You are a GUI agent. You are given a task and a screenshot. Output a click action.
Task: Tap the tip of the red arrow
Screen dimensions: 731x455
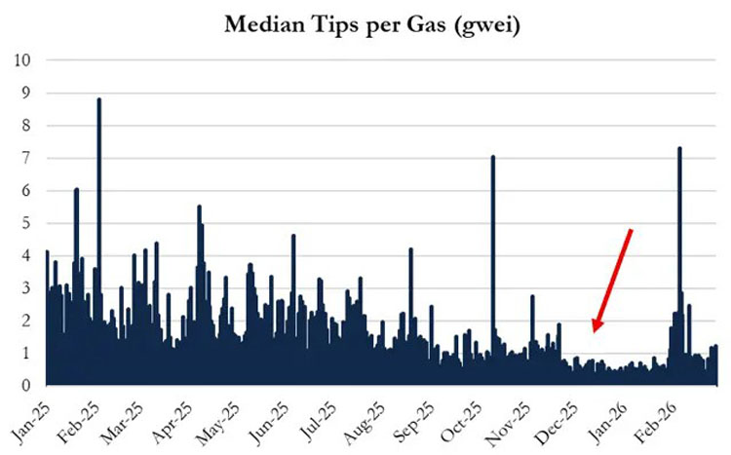594,332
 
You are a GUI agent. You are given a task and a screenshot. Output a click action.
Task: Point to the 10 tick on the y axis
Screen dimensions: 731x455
21,60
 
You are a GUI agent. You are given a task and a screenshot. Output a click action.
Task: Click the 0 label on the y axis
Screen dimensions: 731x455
26,386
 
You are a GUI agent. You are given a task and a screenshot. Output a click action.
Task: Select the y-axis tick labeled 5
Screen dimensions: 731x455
26,223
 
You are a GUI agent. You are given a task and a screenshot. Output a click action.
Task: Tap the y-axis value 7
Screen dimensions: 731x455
26,158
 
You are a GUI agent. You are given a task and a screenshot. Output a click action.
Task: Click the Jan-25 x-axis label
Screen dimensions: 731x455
30,422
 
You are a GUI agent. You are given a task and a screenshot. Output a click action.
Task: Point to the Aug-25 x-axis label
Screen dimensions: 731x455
365,422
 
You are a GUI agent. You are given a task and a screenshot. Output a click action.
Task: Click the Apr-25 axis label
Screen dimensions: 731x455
173,422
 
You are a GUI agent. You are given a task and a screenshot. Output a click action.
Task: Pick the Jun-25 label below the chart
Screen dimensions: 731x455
269,422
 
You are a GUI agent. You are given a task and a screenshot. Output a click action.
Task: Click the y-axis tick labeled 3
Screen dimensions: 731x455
26,288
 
